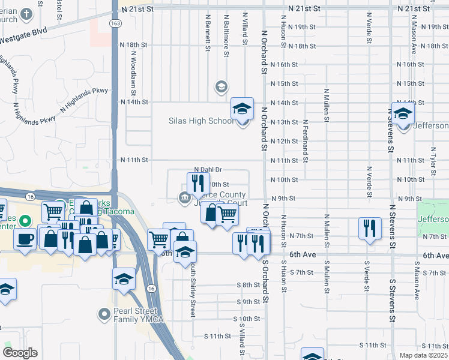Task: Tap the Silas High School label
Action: [200, 121]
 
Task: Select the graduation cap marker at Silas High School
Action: [243, 109]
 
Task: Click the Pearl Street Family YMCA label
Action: [136, 317]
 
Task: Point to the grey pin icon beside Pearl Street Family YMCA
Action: [103, 314]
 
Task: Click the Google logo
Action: [20, 353]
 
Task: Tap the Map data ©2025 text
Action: [423, 355]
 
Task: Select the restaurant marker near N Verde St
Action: [370, 229]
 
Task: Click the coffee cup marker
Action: [25, 239]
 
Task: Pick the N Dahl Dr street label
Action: [208, 170]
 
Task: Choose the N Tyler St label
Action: [433, 162]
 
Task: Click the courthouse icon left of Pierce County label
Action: [184, 197]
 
